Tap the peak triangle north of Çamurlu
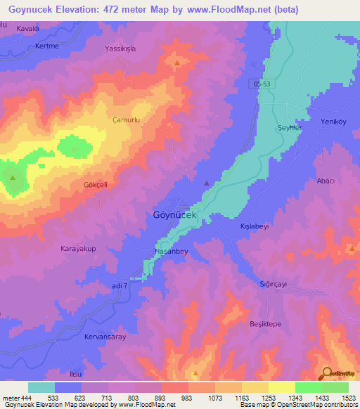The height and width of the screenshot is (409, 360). pyautogui.click(x=176, y=63)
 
